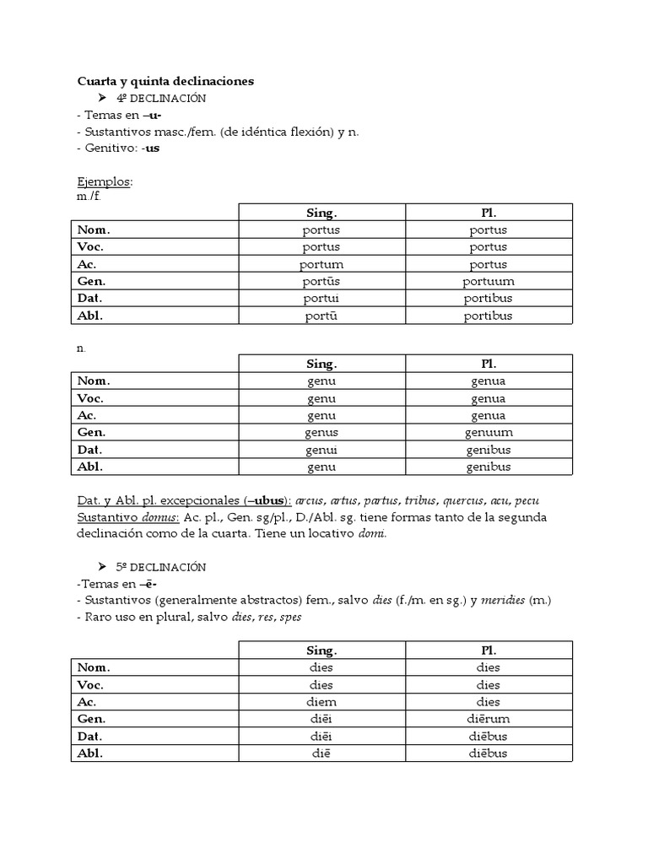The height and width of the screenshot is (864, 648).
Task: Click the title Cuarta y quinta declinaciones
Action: (x=165, y=81)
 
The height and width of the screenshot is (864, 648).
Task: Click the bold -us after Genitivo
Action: (x=151, y=148)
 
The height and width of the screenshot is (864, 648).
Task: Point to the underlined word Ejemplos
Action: (x=104, y=181)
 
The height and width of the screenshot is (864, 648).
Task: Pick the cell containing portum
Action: (x=321, y=264)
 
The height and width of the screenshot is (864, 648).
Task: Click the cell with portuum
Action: (x=489, y=281)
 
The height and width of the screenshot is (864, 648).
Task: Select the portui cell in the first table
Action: (x=321, y=298)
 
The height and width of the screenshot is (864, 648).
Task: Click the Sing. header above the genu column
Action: (x=321, y=364)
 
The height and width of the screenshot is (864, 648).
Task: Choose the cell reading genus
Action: (x=321, y=432)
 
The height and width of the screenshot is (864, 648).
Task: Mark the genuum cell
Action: (x=489, y=432)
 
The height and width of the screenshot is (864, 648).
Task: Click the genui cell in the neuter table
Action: (x=321, y=450)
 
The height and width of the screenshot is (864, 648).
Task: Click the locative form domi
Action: (x=372, y=534)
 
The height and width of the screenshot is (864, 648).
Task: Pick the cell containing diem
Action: (x=321, y=702)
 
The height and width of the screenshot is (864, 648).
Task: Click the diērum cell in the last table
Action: (x=489, y=719)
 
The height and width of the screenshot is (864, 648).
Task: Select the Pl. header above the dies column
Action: (x=489, y=650)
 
